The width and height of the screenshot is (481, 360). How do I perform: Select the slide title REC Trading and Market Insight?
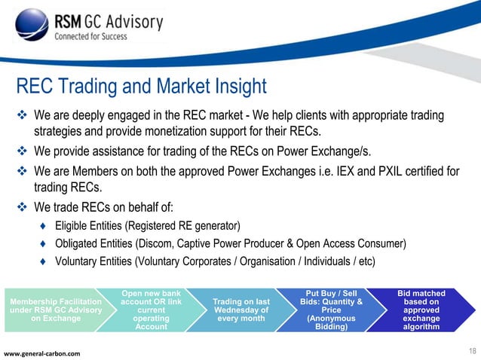tap(142, 87)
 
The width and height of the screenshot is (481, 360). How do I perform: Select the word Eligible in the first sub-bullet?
tap(73, 226)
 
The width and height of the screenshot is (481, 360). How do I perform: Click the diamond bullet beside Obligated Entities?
tap(43, 243)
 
